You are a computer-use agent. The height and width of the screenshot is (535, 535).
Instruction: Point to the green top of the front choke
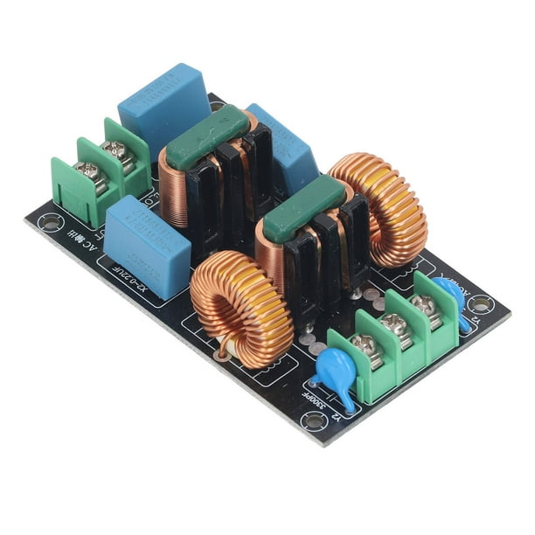[x=306, y=203]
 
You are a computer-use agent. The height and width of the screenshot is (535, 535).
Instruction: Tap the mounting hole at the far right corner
[x=480, y=304]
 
